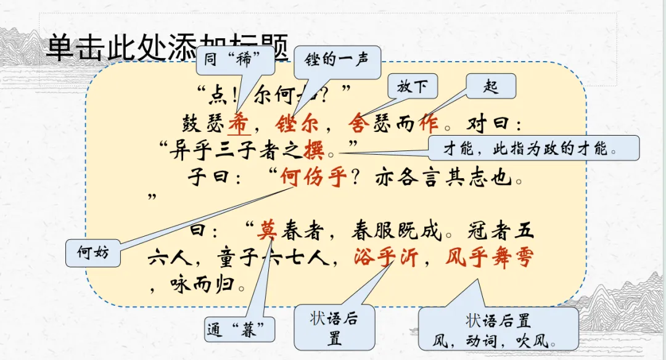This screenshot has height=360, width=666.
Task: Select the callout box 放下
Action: coord(413,87)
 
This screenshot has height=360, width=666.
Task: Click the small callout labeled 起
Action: coord(491,86)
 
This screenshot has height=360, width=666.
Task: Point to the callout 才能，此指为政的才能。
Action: coord(533,148)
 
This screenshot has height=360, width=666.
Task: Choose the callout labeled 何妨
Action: coord(93,253)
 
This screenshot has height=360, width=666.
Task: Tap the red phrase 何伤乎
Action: coord(311,178)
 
